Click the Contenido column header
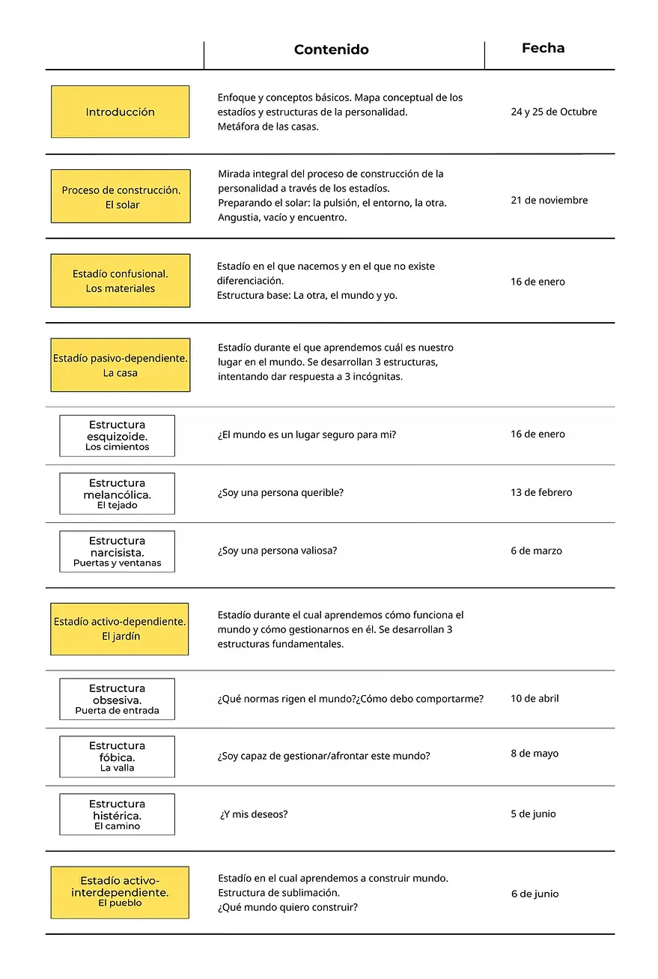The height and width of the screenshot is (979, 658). coord(331,50)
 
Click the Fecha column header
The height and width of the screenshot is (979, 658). coord(543,49)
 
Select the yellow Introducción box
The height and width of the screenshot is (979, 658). coord(120,112)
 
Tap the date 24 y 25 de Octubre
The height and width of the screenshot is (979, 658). coord(553,112)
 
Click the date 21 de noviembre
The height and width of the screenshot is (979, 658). coord(549,201)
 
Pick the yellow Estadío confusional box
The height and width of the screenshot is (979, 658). coord(120,281)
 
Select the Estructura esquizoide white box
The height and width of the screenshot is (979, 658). coord(117,435)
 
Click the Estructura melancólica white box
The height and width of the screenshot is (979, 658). coord(117,494)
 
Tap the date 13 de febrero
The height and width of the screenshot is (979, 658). coord(541,493)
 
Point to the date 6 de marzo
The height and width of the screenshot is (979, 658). coord(536,551)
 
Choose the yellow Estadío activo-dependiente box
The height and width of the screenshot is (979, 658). coord(120,629)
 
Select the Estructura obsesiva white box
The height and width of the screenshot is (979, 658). coord(117,699)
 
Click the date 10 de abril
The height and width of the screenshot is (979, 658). coord(534,699)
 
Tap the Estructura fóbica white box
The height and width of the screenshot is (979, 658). coord(117,757)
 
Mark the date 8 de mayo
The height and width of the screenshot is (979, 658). coord(534,754)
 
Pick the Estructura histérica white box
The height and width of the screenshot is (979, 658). coord(117,814)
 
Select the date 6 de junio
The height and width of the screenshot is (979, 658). coord(534,894)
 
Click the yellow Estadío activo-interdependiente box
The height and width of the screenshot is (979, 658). coord(120,892)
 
